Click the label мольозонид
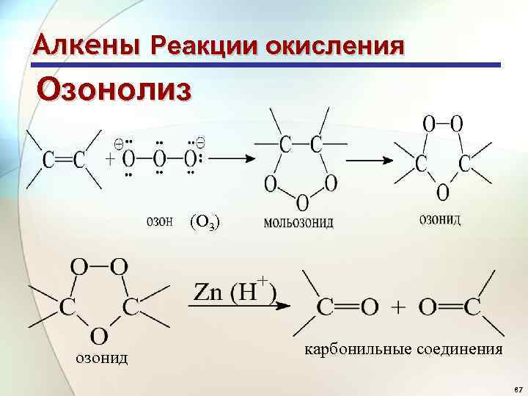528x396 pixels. click(298, 221)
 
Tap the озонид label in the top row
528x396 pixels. click(439, 219)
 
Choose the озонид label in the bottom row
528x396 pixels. click(102, 357)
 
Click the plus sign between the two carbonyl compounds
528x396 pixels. click(399, 307)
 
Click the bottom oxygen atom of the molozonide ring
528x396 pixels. click(301, 200)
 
